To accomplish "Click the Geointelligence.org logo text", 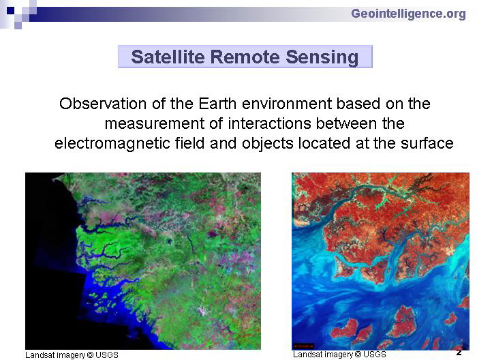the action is click(x=408, y=14).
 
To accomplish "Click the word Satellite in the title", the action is click(x=168, y=57).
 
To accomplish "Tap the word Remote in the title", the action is click(x=245, y=57).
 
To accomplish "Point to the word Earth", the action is click(x=217, y=104).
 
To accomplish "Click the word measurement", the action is click(x=155, y=123).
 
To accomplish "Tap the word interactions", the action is click(x=270, y=123).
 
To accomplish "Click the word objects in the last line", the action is click(x=267, y=143).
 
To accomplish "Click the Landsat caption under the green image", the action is click(x=72, y=355).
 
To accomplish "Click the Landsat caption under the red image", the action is click(x=339, y=355).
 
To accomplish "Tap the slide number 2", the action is click(x=459, y=353).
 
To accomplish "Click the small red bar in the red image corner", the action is click(x=303, y=346).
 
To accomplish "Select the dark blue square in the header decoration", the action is click(x=11, y=11).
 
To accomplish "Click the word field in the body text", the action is click(x=190, y=143).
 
